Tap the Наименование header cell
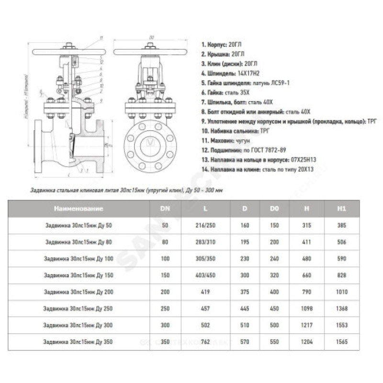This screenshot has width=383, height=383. [x=79, y=209]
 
